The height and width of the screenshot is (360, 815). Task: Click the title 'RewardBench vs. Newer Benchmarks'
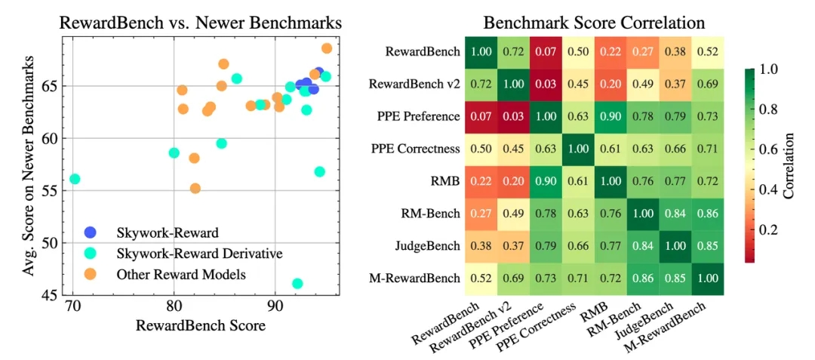[x=200, y=23]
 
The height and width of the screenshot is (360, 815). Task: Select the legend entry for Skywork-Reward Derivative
[x=199, y=254]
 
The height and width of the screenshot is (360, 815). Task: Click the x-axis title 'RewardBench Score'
[x=199, y=326]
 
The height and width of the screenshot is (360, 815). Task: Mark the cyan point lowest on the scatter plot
[x=297, y=284]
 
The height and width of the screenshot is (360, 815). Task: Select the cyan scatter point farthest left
[x=75, y=179]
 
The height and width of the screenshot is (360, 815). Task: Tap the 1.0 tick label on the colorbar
[x=770, y=70]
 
